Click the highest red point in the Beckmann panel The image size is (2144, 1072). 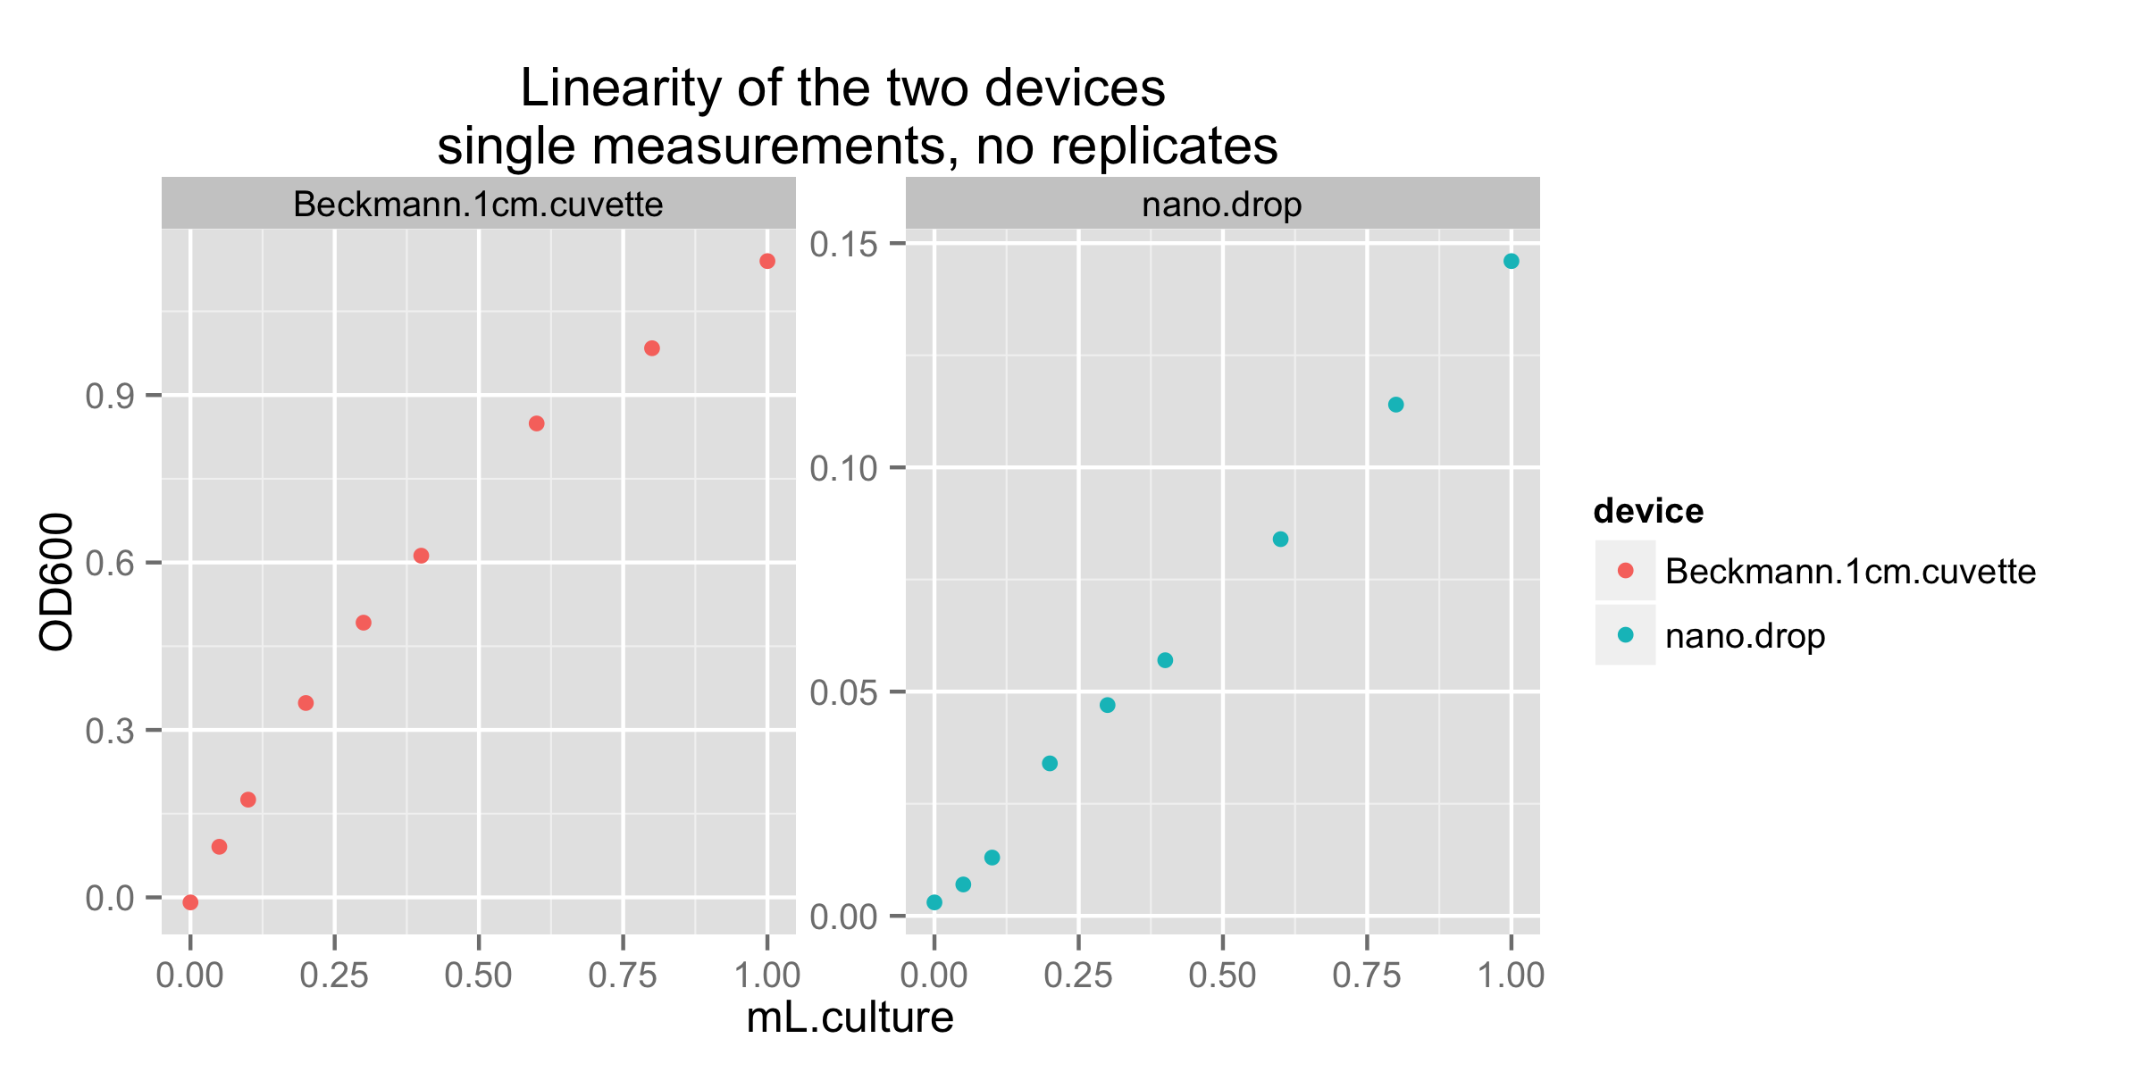tap(766, 261)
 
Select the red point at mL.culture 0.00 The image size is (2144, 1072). tap(190, 902)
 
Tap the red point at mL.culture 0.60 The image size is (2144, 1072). tap(536, 423)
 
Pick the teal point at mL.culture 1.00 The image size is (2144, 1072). tap(1511, 261)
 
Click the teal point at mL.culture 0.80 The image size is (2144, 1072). tap(1395, 405)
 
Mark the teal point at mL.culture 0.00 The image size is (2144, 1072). tap(934, 902)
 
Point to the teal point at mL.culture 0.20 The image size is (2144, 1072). tap(1050, 763)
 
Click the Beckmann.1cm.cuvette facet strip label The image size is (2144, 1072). tap(478, 205)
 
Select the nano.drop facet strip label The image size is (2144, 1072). tap(1221, 205)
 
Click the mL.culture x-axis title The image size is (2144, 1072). tap(850, 1018)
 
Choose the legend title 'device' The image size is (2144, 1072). tap(1648, 511)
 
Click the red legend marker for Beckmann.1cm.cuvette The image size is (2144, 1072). tap(1625, 570)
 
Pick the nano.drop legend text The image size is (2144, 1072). tap(1745, 636)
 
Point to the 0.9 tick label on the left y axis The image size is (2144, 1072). tap(110, 396)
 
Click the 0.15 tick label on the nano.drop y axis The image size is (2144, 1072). tap(843, 244)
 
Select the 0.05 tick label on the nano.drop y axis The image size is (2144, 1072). tap(843, 692)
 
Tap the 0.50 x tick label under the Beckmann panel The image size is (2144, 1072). tap(478, 976)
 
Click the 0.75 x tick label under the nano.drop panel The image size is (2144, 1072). tap(1366, 976)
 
